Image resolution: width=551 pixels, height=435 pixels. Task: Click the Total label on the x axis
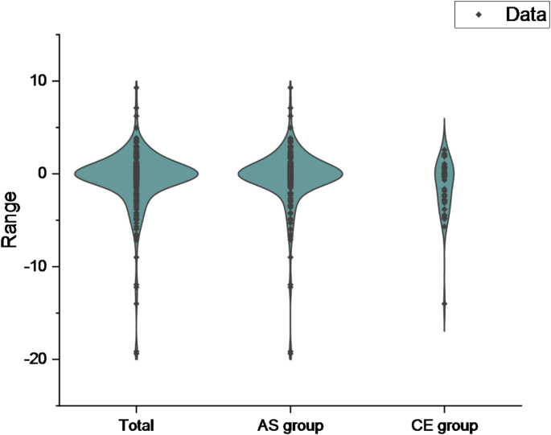click(x=135, y=425)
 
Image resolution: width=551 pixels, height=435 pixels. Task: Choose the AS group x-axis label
click(x=290, y=425)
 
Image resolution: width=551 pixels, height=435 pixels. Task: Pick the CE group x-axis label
click(x=444, y=425)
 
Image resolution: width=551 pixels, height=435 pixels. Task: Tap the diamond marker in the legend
click(x=479, y=14)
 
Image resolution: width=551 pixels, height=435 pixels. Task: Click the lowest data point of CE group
click(x=444, y=304)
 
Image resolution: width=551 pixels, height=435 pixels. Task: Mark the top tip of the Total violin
click(x=136, y=81)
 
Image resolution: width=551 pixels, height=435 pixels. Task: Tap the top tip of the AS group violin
click(x=290, y=81)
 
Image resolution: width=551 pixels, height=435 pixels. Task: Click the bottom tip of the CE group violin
click(x=444, y=331)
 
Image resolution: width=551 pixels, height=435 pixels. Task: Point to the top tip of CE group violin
click(x=444, y=119)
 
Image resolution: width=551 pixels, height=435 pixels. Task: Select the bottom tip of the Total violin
click(x=136, y=359)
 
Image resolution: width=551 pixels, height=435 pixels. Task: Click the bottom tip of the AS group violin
click(x=290, y=359)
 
